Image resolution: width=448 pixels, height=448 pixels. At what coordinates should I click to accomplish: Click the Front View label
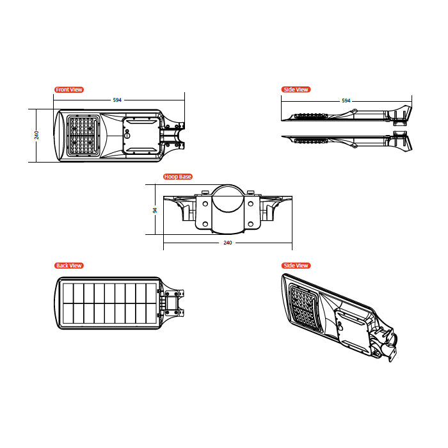(69, 90)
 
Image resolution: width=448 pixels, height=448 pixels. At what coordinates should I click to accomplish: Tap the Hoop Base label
(178, 177)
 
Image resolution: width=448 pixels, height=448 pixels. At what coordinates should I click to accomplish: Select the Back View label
(69, 266)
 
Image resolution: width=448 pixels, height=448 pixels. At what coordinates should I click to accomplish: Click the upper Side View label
(296, 90)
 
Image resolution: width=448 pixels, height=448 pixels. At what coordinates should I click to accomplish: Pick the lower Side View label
(296, 266)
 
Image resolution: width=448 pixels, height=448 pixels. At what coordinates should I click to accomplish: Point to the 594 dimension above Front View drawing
(117, 100)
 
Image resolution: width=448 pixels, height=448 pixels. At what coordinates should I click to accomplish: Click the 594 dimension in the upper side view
(346, 100)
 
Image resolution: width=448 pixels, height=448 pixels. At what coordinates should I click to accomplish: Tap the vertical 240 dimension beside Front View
(37, 135)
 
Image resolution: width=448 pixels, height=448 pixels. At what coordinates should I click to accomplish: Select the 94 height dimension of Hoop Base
(155, 211)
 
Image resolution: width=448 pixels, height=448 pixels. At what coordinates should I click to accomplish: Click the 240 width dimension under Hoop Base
(228, 243)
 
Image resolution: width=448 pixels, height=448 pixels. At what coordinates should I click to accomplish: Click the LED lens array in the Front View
(83, 136)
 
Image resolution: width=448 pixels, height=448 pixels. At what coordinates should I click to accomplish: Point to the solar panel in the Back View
(109, 303)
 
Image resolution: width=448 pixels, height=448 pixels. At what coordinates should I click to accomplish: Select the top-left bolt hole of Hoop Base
(205, 204)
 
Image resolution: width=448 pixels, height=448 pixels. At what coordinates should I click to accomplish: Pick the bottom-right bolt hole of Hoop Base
(251, 224)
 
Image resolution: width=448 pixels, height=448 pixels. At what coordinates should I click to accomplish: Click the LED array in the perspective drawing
(305, 308)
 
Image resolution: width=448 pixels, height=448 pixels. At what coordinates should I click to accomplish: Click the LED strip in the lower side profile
(311, 141)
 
